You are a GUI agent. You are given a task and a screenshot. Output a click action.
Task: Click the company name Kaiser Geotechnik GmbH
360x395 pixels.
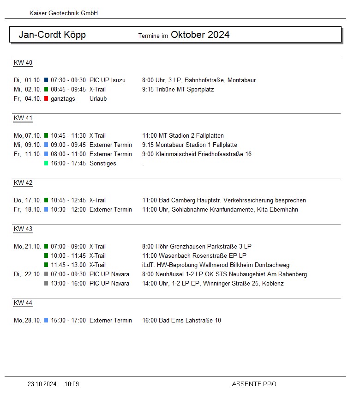pyautogui.click(x=63, y=13)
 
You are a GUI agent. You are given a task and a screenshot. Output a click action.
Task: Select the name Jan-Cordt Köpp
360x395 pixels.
pyautogui.click(x=52, y=35)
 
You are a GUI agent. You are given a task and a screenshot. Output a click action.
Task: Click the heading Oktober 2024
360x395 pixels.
pyautogui.click(x=200, y=35)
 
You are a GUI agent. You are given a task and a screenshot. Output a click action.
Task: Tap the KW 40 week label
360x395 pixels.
pyautogui.click(x=23, y=63)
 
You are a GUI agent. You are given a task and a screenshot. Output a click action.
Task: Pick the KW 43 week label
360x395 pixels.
pyautogui.click(x=23, y=229)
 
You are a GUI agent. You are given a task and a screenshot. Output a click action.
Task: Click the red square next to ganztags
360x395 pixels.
pyautogui.click(x=46, y=99)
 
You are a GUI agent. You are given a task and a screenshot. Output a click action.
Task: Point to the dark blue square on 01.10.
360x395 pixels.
pyautogui.click(x=46, y=80)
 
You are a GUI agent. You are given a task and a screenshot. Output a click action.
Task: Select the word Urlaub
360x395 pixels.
pyautogui.click(x=98, y=99)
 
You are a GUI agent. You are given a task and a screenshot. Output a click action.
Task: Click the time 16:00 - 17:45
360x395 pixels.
pyautogui.click(x=68, y=164)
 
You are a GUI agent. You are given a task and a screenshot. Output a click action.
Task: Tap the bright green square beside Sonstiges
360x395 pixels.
pyautogui.click(x=46, y=164)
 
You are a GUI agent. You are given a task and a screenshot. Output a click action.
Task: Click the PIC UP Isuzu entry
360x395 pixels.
pyautogui.click(x=107, y=80)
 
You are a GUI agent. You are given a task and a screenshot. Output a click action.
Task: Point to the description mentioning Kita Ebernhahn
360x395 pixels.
pyautogui.click(x=220, y=210)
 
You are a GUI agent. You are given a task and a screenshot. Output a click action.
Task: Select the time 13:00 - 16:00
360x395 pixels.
pyautogui.click(x=68, y=284)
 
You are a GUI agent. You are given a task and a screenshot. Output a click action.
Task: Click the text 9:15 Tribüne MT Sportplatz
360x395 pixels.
pyautogui.click(x=178, y=90)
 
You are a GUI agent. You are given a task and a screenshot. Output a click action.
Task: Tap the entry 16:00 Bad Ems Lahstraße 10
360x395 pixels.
pyautogui.click(x=181, y=321)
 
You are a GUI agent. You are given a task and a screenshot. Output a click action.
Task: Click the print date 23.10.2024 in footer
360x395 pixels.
pyautogui.click(x=42, y=384)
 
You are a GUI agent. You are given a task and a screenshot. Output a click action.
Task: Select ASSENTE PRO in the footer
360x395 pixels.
pyautogui.click(x=254, y=384)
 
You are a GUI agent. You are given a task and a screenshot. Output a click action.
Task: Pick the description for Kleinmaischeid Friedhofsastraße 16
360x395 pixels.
pyautogui.click(x=197, y=154)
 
